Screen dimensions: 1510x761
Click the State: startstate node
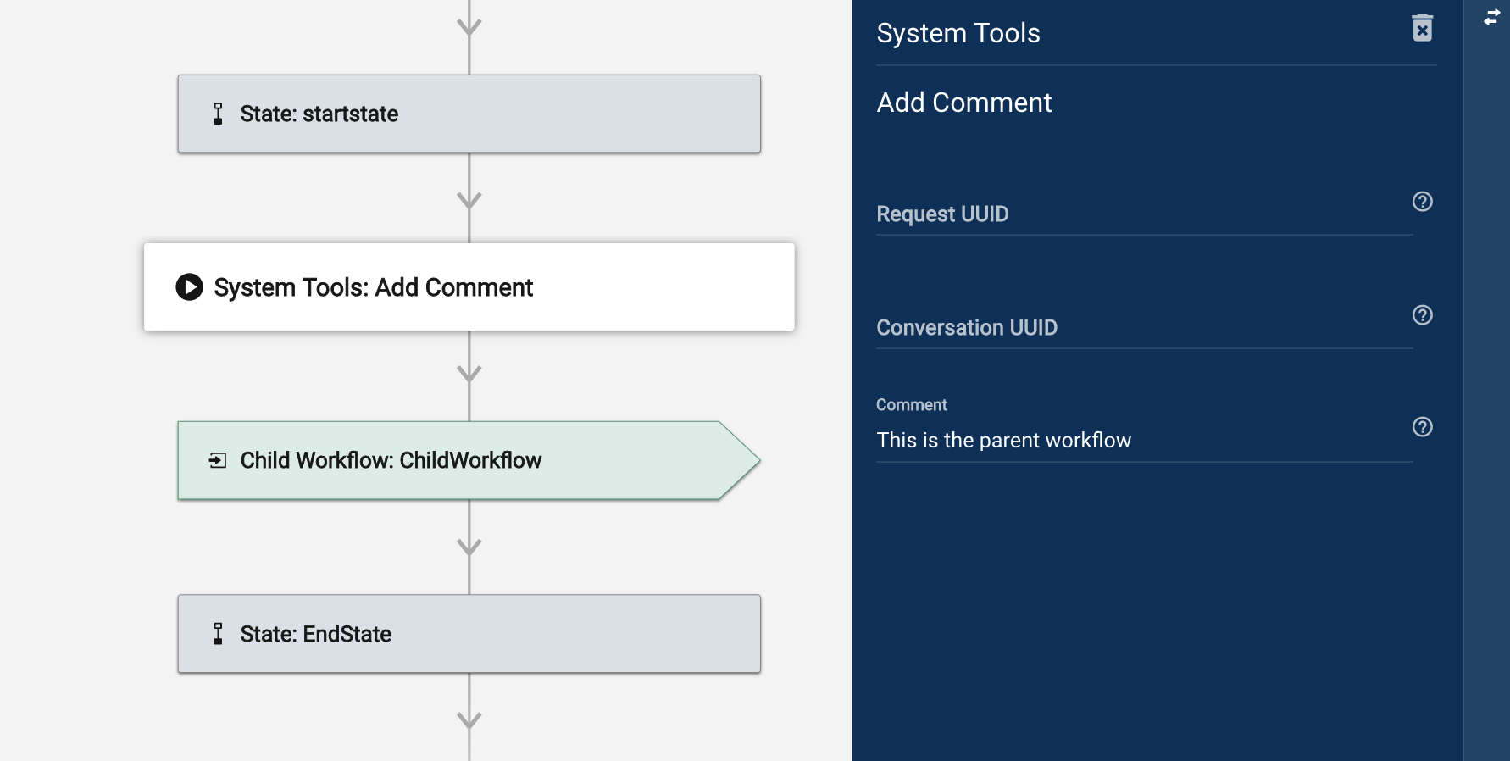tap(469, 114)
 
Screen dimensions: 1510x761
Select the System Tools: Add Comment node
tap(469, 287)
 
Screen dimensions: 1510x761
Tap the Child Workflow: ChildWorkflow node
tap(469, 460)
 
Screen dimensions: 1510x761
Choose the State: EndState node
tap(469, 634)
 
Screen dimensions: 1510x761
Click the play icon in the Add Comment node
tap(189, 287)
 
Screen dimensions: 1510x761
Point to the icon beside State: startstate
tap(218, 114)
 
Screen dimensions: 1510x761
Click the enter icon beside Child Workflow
tap(218, 460)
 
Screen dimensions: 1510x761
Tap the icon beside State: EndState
tap(218, 634)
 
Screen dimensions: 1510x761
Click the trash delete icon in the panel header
tap(1423, 28)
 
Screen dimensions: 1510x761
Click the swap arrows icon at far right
tap(1492, 17)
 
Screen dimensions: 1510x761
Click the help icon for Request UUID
tap(1423, 202)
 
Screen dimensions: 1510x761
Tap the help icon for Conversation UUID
tap(1423, 315)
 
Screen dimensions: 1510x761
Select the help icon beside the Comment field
tap(1423, 427)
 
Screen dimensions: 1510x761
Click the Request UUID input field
tap(1144, 214)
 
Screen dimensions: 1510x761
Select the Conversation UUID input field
tap(1144, 328)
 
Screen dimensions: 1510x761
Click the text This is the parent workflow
tap(1004, 441)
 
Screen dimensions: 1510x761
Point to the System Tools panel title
tap(958, 33)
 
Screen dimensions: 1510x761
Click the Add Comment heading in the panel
tap(964, 103)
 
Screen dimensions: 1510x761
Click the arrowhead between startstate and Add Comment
tap(469, 200)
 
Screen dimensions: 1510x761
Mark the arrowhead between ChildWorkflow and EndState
tap(469, 547)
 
